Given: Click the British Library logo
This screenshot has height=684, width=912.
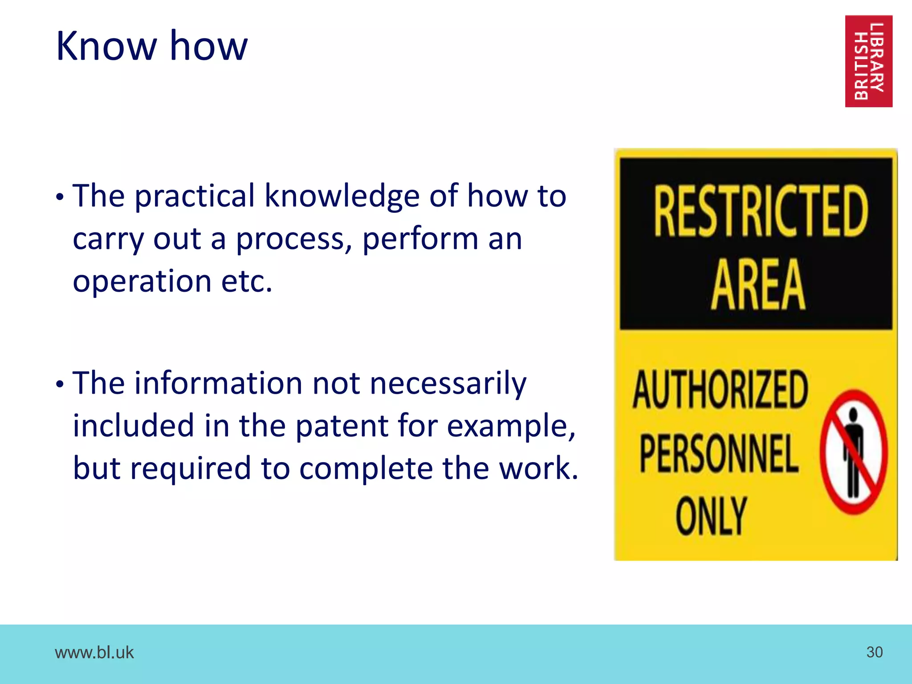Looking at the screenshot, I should (868, 61).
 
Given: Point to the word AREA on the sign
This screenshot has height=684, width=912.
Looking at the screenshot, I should (758, 285).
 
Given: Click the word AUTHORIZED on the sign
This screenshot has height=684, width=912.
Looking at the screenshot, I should (720, 390).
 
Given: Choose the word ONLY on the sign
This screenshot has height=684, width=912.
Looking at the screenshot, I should (711, 517).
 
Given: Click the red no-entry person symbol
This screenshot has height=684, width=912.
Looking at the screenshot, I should (854, 452).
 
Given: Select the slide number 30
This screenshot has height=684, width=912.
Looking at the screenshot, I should (874, 652).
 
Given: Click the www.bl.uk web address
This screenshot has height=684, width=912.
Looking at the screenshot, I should (94, 652).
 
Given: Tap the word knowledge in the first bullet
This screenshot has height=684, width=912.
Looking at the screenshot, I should (342, 196).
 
